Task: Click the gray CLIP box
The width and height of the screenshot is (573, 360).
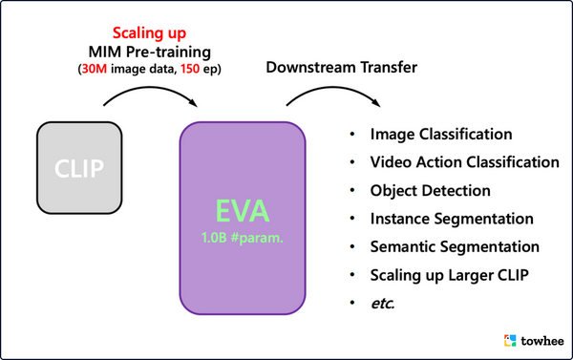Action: (x=80, y=169)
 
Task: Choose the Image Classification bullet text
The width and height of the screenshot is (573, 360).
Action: (x=441, y=135)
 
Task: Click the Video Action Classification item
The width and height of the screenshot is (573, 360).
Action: (x=464, y=162)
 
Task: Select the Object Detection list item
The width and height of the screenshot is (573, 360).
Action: (x=431, y=191)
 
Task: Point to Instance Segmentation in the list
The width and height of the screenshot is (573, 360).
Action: (x=452, y=219)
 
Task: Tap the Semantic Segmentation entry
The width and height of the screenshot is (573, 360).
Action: (x=455, y=246)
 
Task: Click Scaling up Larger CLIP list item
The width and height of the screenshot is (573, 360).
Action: (x=450, y=275)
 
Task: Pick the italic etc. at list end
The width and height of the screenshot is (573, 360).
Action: (x=384, y=303)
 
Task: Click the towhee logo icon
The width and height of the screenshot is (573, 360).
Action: (x=511, y=339)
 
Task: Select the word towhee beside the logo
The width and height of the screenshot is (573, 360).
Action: (x=541, y=340)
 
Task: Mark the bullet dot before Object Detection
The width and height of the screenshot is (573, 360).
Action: (x=352, y=191)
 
